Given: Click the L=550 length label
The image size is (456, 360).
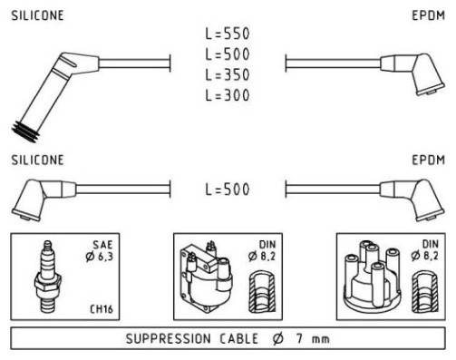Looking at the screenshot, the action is pos(228,34).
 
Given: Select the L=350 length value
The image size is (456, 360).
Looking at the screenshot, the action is pos(228,74).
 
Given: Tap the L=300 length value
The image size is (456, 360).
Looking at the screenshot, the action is pos(228,95).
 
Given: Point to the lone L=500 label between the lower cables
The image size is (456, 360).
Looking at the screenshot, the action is pos(228,190).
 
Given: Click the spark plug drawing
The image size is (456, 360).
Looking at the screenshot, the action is pos(48,277).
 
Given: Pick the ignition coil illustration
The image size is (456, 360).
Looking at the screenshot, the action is pos(206,277).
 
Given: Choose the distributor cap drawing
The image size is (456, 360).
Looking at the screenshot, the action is pos(373,277).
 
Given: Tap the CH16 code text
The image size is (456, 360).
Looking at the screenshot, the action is pos(102,309).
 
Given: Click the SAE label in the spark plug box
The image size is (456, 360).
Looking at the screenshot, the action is pos(102,245).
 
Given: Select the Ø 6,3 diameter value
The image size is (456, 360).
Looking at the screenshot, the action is pos(100,257).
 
